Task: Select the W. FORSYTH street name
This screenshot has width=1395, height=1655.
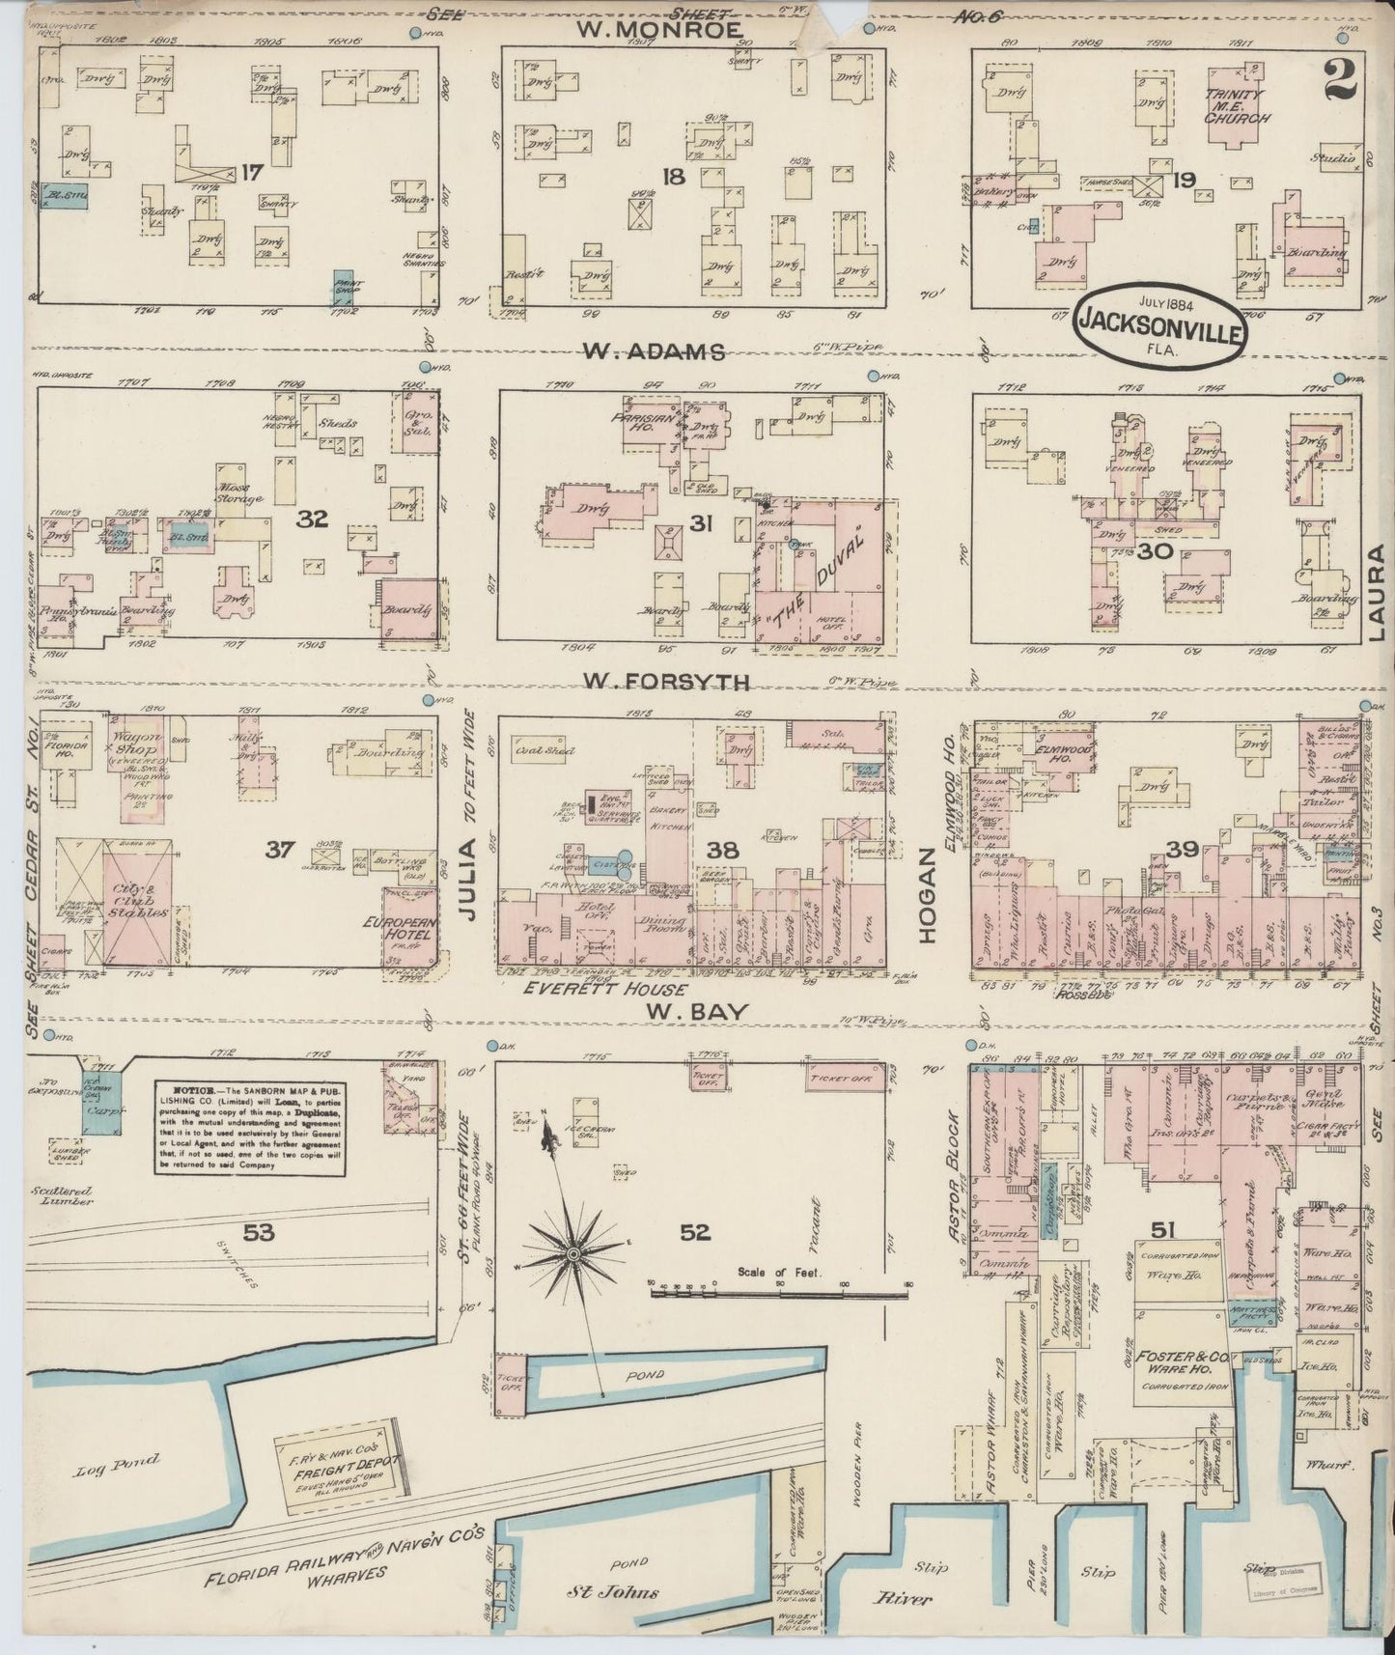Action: click(x=664, y=683)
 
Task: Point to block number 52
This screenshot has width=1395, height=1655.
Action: click(x=694, y=1231)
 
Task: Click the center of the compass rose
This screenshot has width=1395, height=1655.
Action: click(x=572, y=1253)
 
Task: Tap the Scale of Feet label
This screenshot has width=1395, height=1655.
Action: click(x=778, y=1272)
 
